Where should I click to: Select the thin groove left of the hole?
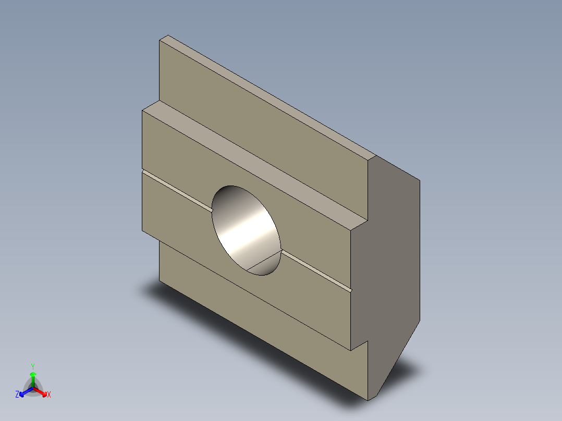coord(177,190)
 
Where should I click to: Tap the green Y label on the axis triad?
coord(32,366)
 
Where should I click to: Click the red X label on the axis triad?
coord(49,395)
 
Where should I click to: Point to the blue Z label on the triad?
coord(17,394)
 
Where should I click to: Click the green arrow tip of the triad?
coord(33,374)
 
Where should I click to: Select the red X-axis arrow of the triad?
coord(42,391)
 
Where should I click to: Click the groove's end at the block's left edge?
coord(143,171)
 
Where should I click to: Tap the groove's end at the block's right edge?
coord(351,288)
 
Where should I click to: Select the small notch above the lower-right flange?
coord(360,345)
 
